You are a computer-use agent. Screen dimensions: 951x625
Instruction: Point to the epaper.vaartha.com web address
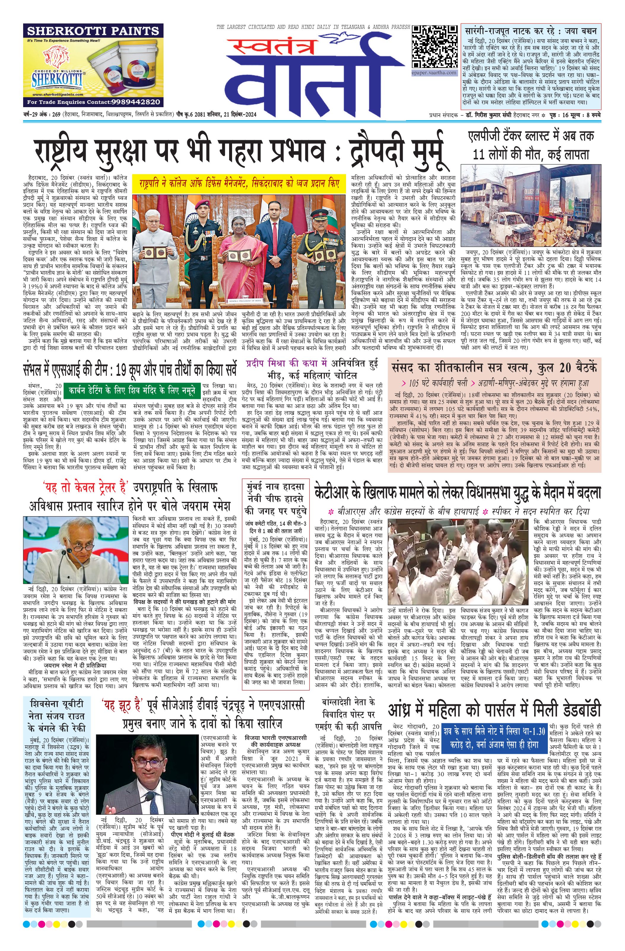pyautogui.click(x=434, y=73)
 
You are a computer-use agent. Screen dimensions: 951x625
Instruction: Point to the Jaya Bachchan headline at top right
pyautogui.click(x=531, y=31)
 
